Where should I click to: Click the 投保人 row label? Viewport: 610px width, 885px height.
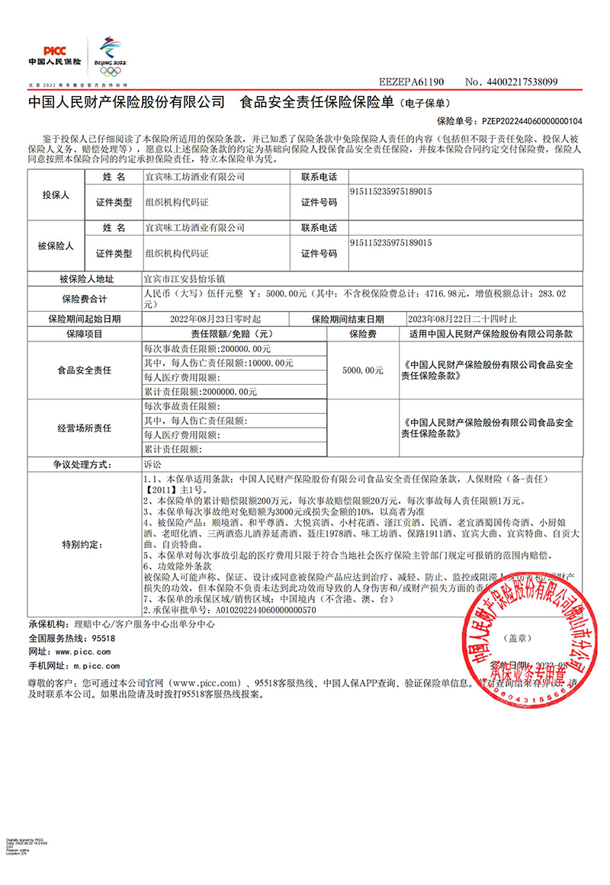(55, 195)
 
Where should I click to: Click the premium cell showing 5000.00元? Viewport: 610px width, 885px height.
(362, 370)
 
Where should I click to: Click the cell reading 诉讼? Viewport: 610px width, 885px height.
(152, 463)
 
